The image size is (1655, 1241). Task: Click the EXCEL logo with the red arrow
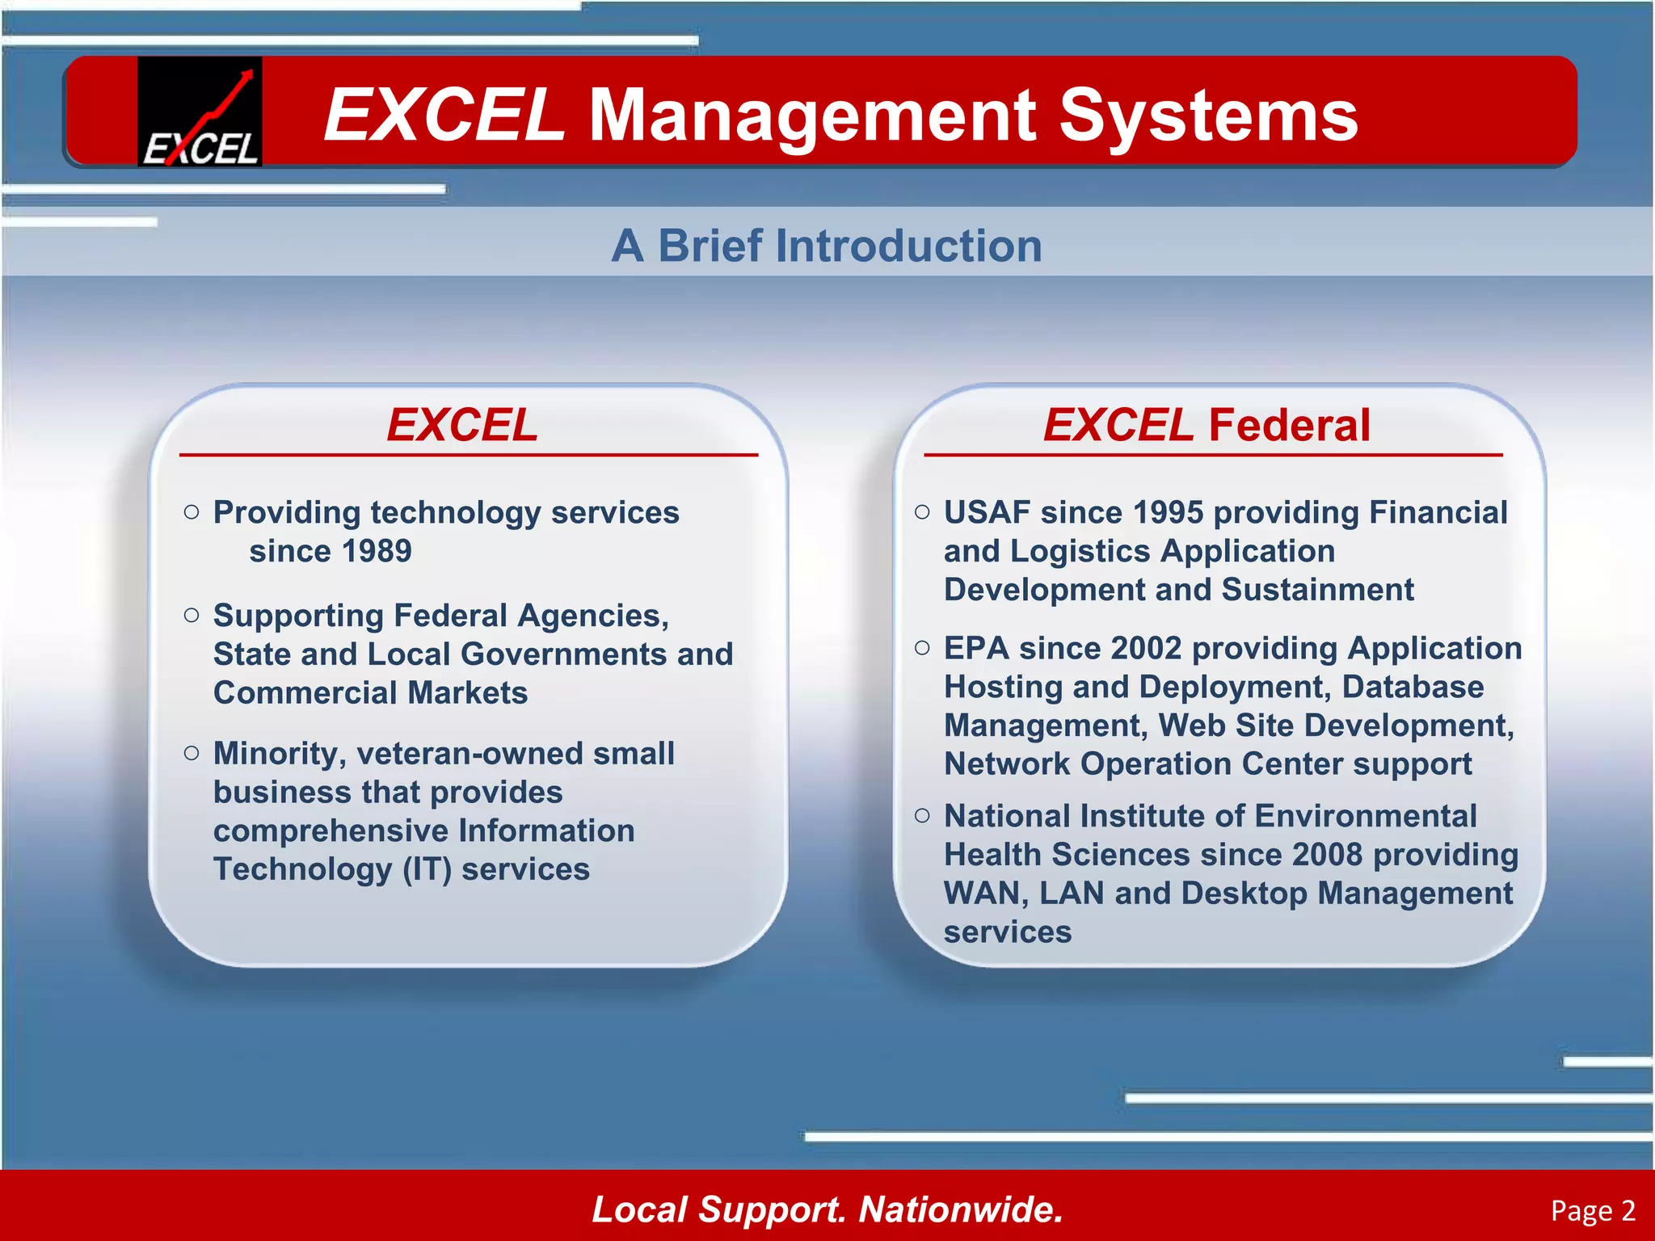coord(200,111)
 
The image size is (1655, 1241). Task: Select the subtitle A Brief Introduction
coord(827,246)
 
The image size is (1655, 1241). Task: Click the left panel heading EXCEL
coord(462,425)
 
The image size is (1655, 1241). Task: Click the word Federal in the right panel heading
coord(1289,425)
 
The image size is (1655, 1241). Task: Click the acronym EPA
coord(976,648)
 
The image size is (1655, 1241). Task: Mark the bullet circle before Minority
coord(192,754)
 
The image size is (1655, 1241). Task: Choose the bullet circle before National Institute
coord(922,816)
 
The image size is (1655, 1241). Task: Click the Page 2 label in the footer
coord(1593,1210)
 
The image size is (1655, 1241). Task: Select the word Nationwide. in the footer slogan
coord(960,1209)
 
